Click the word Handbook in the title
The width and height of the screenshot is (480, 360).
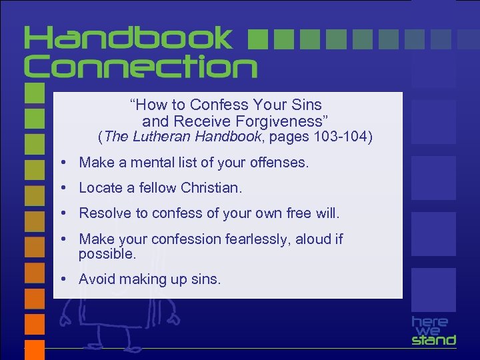[x=129, y=39]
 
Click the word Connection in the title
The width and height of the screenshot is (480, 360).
[x=141, y=67]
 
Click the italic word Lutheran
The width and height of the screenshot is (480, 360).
[x=161, y=137]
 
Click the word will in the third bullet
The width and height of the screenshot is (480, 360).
[x=328, y=213]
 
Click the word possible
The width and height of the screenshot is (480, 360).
[x=107, y=254]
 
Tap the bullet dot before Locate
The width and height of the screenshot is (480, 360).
[x=61, y=188]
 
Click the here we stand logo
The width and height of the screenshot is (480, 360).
[x=433, y=330]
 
